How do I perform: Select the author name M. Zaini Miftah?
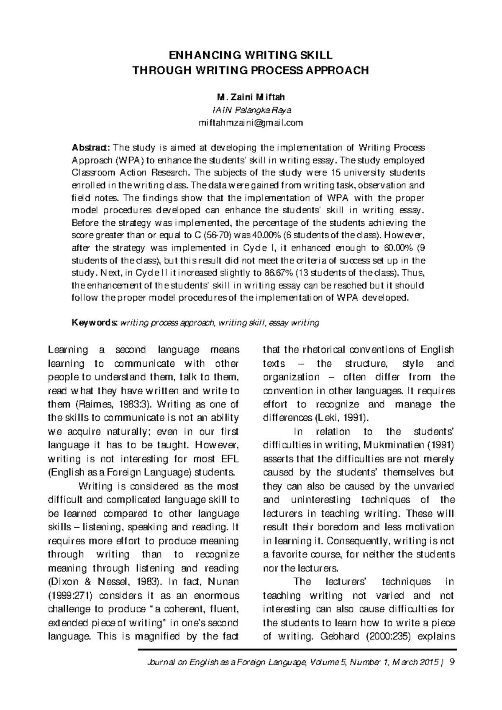coord(251,97)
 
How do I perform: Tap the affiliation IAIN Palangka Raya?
coord(251,110)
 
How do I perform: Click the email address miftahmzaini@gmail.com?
coord(251,123)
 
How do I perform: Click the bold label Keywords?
coord(95,323)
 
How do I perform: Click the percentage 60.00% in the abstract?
coord(399,248)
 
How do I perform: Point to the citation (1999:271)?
coord(68,595)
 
